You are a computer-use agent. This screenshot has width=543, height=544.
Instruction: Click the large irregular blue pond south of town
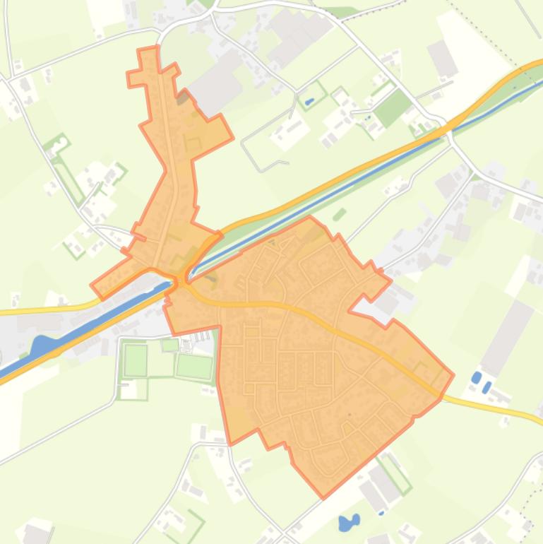(x=348, y=522)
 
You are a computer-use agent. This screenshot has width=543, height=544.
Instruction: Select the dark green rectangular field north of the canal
(x=392, y=107)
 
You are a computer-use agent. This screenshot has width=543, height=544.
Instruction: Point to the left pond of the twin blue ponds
(x=477, y=377)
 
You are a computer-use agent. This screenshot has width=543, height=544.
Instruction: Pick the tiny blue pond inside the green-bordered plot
(x=309, y=101)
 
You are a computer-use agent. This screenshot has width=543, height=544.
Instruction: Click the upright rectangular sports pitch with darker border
(x=136, y=360)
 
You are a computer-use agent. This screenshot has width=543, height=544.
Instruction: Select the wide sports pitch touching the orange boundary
(x=194, y=366)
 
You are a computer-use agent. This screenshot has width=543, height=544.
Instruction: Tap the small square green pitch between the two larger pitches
(x=170, y=345)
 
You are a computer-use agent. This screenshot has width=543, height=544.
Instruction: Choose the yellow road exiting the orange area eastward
(x=494, y=408)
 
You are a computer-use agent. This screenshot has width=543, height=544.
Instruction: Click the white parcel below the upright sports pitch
(x=128, y=389)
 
